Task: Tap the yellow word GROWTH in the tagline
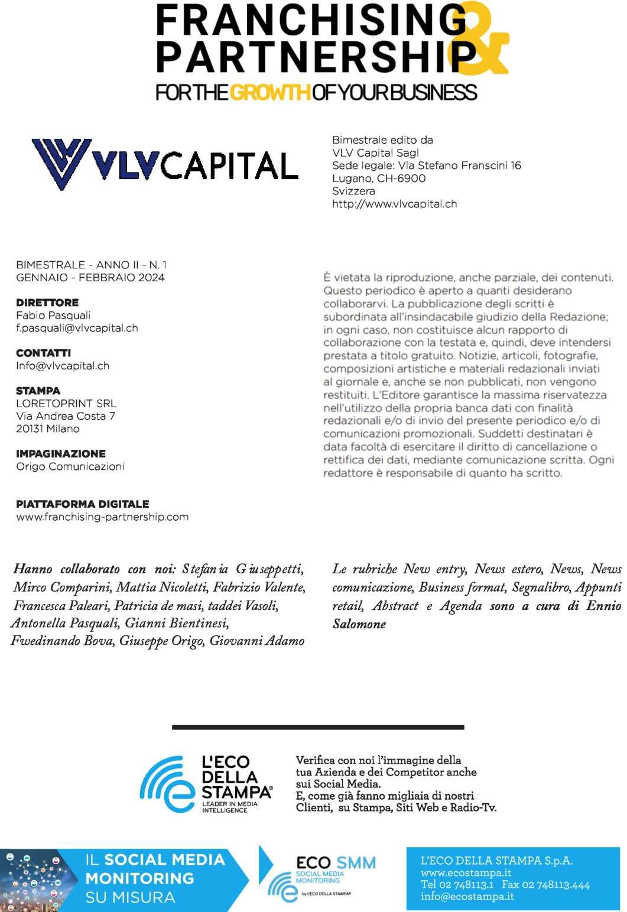tap(270, 93)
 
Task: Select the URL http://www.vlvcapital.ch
tap(394, 204)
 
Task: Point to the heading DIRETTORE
tap(47, 303)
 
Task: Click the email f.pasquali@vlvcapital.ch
tap(77, 328)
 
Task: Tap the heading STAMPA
tap(38, 391)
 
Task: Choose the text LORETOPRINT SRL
tap(66, 404)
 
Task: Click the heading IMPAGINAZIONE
tap(61, 454)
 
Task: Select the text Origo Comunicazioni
tap(70, 467)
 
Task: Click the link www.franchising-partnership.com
tap(102, 517)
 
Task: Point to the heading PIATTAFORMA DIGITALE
tap(82, 504)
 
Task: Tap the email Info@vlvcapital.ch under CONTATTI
tap(63, 366)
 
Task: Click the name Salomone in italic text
tap(359, 624)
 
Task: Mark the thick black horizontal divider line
tap(318, 727)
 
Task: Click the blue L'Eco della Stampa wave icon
tap(167, 784)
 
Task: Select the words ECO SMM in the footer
tap(336, 863)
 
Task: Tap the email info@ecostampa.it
tap(467, 897)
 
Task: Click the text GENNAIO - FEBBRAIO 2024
tap(90, 278)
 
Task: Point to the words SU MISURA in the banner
tap(130, 898)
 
